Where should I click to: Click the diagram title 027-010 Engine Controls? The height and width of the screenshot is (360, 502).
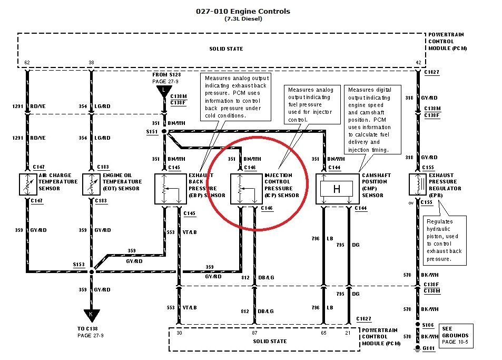tap(243, 11)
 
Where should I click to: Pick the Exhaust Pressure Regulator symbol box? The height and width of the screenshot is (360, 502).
tap(418, 184)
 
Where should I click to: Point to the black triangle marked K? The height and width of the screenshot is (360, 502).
tap(92, 315)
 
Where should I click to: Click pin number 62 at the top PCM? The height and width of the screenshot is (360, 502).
tap(27, 63)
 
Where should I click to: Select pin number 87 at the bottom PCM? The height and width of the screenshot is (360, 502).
tap(254, 332)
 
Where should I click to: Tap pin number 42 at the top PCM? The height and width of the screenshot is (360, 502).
tap(418, 63)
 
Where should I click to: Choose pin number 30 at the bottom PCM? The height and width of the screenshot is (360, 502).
tap(180, 332)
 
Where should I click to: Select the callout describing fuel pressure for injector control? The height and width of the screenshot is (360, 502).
tap(309, 105)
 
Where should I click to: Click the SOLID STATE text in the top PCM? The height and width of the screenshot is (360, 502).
tap(226, 49)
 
